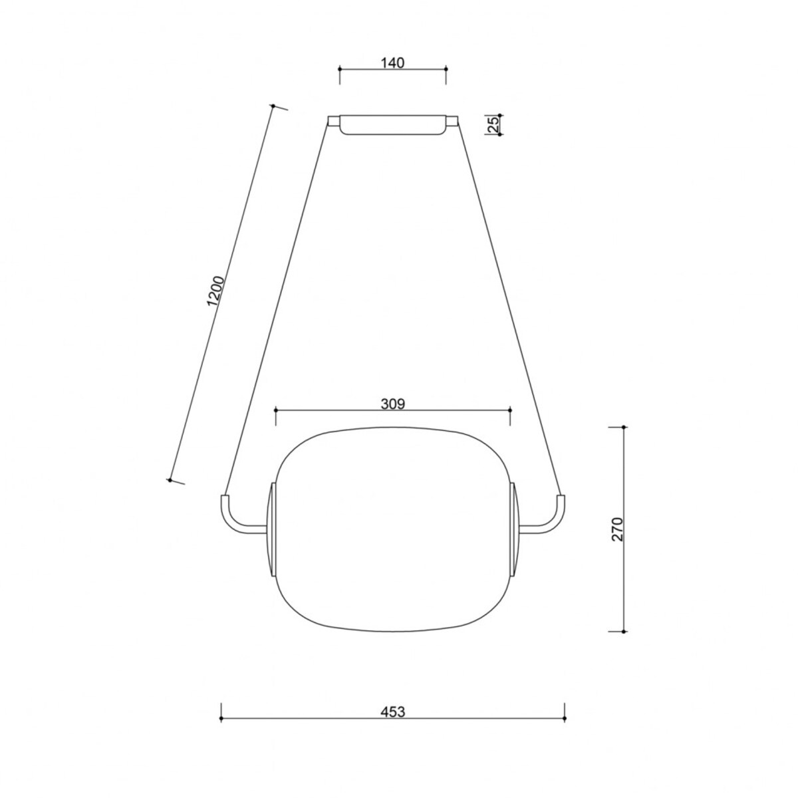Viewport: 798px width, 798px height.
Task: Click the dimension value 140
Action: point(392,63)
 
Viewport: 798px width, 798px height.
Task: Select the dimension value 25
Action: point(493,124)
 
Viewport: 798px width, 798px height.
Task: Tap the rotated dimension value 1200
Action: point(217,291)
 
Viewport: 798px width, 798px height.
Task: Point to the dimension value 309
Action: point(392,403)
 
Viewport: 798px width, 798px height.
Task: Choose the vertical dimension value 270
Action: point(618,529)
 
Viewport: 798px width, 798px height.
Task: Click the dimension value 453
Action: point(392,712)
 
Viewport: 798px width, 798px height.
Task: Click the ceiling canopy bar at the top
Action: point(392,125)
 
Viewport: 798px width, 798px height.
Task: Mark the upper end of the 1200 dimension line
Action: point(273,106)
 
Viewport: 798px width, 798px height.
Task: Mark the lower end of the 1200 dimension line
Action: point(171,479)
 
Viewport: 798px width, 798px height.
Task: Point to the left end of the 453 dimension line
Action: point(221,719)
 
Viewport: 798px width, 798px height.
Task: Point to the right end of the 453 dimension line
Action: point(564,719)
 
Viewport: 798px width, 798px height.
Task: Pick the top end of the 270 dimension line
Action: point(623,428)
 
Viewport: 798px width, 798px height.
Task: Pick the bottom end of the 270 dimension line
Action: point(623,630)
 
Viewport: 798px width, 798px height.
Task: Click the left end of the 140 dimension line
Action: point(340,68)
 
